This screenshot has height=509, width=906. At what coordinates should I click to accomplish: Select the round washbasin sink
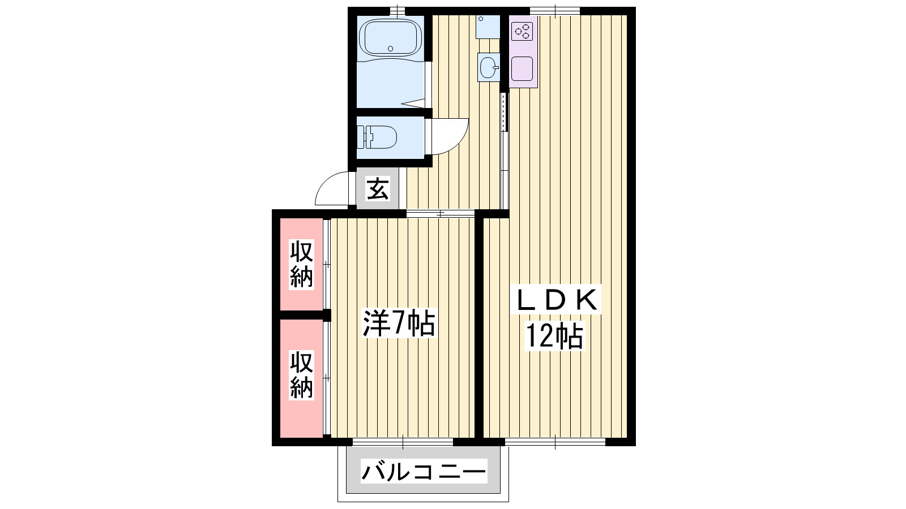(x=488, y=67)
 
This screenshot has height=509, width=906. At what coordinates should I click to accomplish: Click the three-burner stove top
(x=522, y=31)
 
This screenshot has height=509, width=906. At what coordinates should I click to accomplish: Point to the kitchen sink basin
(x=522, y=69)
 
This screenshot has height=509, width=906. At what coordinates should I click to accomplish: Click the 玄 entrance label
(x=377, y=189)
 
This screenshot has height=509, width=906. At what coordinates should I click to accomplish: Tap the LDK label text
(x=555, y=299)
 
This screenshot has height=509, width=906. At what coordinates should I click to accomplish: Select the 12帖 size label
(x=554, y=336)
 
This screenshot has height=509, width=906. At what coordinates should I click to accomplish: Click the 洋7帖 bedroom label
(x=399, y=323)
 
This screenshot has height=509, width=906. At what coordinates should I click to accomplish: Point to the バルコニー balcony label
(x=423, y=472)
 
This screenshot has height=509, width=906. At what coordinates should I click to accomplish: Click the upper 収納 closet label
(x=301, y=264)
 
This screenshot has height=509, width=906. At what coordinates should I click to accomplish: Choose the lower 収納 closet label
(x=301, y=376)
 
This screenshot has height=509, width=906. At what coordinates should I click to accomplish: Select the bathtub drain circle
(x=390, y=49)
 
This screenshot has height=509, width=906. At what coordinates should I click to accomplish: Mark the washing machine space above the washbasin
(x=488, y=27)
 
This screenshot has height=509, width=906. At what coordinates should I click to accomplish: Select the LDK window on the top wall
(x=555, y=11)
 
